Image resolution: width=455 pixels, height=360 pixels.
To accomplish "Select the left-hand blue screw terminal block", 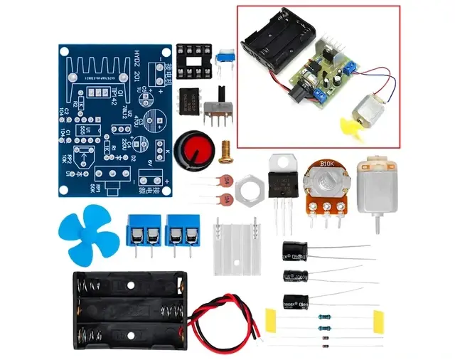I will pyautogui.click(x=141, y=230).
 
